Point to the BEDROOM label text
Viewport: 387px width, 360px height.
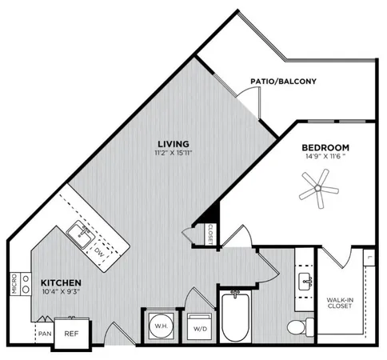coord(325,148)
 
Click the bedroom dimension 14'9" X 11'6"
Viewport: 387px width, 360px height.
coord(325,158)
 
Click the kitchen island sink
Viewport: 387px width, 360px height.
coord(82,233)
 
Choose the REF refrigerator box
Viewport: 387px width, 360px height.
coord(72,334)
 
